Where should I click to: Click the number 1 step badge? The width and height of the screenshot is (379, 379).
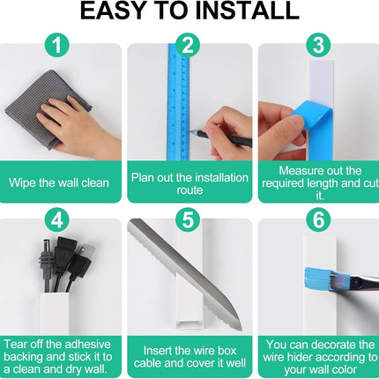(57, 45)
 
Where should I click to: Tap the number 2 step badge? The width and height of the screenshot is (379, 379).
(188, 45)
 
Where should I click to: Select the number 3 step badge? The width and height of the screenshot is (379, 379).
(318, 45)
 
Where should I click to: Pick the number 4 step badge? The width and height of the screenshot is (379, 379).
(57, 219)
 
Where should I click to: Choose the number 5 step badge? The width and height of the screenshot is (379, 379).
(188, 219)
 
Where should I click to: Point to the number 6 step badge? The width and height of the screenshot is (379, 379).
(318, 219)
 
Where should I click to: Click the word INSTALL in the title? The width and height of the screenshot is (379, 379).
(247, 11)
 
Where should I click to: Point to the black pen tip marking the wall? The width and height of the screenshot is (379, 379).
(190, 132)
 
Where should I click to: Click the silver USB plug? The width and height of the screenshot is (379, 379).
(87, 250)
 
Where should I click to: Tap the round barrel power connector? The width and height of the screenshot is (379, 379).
(47, 249)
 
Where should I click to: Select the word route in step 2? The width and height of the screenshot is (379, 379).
(189, 190)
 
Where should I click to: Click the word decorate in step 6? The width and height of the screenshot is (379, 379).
(338, 345)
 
